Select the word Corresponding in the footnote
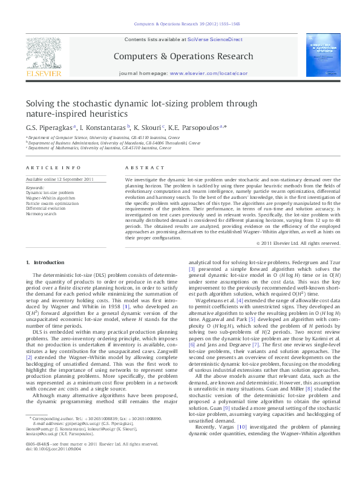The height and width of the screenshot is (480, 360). [47, 435]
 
